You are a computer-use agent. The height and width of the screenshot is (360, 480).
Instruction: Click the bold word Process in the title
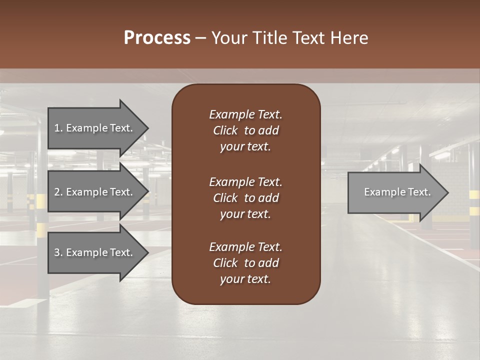(x=157, y=38)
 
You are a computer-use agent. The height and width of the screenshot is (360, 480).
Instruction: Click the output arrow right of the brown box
(x=395, y=192)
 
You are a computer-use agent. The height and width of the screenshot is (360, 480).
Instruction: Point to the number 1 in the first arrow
(x=57, y=128)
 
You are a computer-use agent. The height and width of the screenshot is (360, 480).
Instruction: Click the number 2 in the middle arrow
(x=57, y=192)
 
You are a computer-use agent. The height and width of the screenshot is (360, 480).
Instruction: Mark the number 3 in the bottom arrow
(x=57, y=252)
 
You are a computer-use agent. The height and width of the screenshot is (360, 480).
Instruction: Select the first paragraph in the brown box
(x=245, y=130)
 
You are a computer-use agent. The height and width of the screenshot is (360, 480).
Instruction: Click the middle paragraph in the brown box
(x=245, y=198)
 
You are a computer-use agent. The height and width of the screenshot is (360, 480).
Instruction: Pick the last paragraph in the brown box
(x=245, y=263)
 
